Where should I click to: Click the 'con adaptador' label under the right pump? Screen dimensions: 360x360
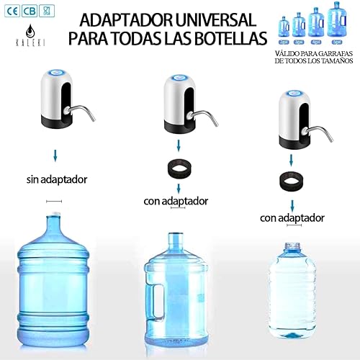292,217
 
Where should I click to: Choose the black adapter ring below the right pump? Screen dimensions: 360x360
292,178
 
